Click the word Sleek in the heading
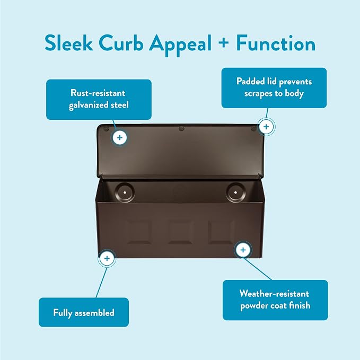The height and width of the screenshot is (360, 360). pyautogui.click(x=69, y=43)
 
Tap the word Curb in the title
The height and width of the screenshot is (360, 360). pyautogui.click(x=121, y=43)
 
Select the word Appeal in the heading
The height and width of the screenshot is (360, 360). pyautogui.click(x=180, y=45)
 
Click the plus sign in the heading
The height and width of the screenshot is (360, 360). pyautogui.click(x=224, y=42)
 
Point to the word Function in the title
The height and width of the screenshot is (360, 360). pyautogui.click(x=276, y=43)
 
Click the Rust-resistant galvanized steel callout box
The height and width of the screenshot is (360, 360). pyautogui.click(x=99, y=100)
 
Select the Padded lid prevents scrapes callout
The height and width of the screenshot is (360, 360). pyautogui.click(x=274, y=87)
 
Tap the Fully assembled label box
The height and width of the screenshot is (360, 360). pyautogui.click(x=84, y=312)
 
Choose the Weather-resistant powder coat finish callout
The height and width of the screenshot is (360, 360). pyautogui.click(x=275, y=300)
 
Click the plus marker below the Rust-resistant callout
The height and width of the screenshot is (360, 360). pyautogui.click(x=120, y=137)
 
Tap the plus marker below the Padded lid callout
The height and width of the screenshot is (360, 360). pyautogui.click(x=266, y=127)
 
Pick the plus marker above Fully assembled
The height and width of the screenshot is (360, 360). pyautogui.click(x=107, y=258)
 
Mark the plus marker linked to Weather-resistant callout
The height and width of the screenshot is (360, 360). pyautogui.click(x=243, y=250)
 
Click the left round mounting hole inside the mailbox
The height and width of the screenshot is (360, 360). pyautogui.click(x=125, y=192)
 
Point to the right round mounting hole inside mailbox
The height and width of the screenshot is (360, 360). pyautogui.click(x=235, y=192)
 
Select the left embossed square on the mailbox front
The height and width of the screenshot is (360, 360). pyautogui.click(x=139, y=232)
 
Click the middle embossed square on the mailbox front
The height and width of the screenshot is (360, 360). pyautogui.click(x=180, y=232)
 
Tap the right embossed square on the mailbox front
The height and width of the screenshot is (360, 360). pyautogui.click(x=221, y=232)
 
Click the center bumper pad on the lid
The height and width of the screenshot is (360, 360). pyautogui.click(x=181, y=128)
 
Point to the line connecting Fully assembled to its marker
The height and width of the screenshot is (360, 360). pyautogui.click(x=101, y=283)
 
